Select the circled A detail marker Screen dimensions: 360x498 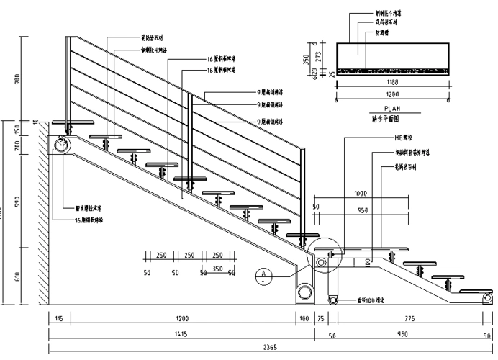point(264,273)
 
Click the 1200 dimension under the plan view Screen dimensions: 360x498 point(391,95)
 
